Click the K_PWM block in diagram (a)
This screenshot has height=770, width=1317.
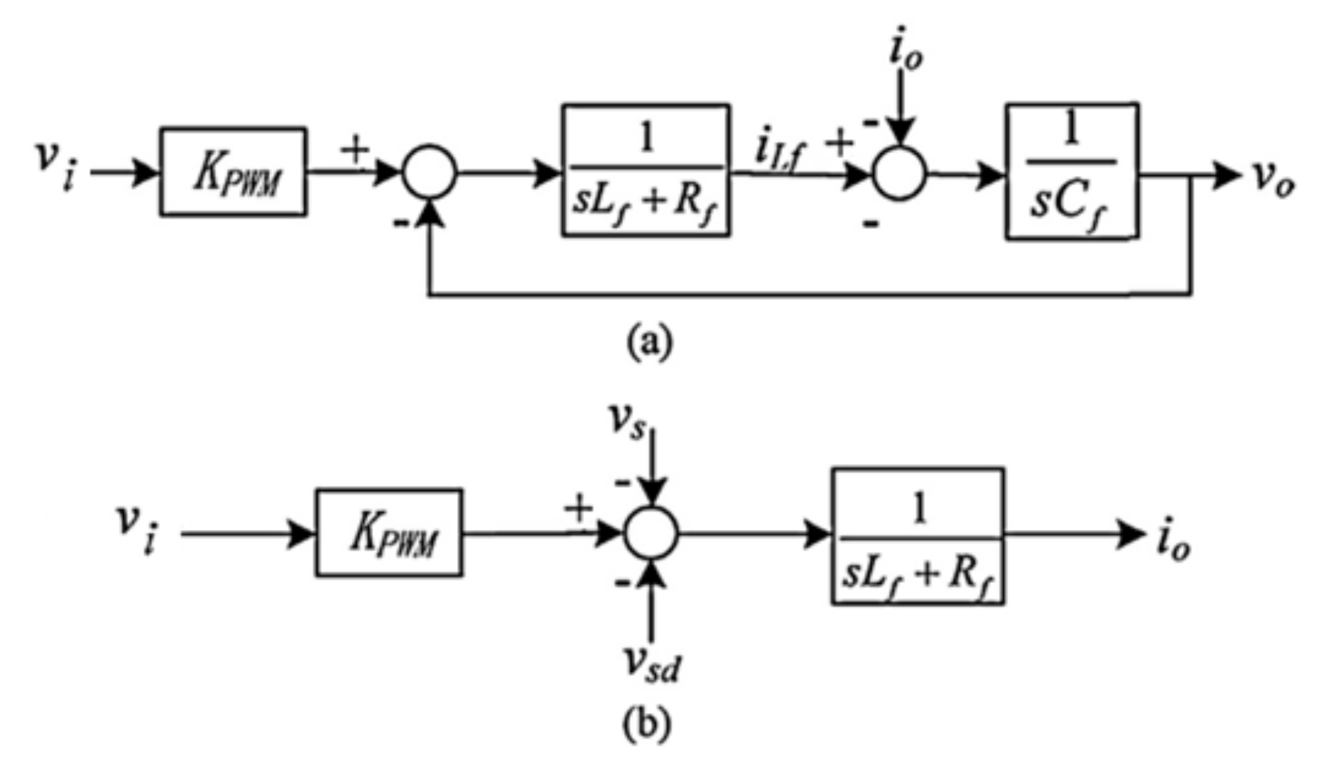pos(233,172)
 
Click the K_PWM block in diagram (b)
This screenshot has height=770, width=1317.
pos(389,533)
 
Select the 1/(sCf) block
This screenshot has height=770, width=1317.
pos(1071,171)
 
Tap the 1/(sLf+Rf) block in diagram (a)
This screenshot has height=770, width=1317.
pos(646,171)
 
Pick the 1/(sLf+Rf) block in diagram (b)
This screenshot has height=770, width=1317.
pos(917,536)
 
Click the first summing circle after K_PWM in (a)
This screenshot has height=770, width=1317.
pos(429,172)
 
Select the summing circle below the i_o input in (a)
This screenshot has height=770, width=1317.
pos(899,173)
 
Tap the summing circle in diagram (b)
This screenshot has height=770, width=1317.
pos(650,533)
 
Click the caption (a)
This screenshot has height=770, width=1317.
pos(648,342)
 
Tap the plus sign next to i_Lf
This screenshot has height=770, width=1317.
pos(839,144)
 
